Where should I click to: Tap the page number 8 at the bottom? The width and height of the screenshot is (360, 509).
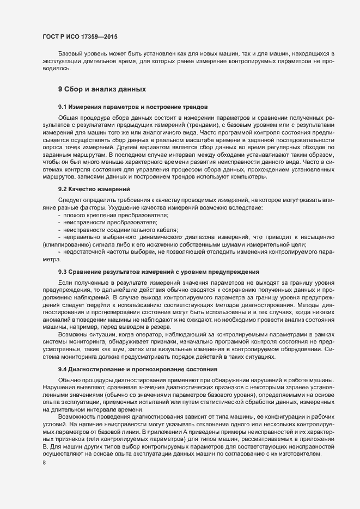[x=44, y=463]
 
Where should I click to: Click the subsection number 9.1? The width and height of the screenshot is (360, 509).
[x=63, y=107]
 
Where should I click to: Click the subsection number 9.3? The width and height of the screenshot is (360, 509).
[x=63, y=271]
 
